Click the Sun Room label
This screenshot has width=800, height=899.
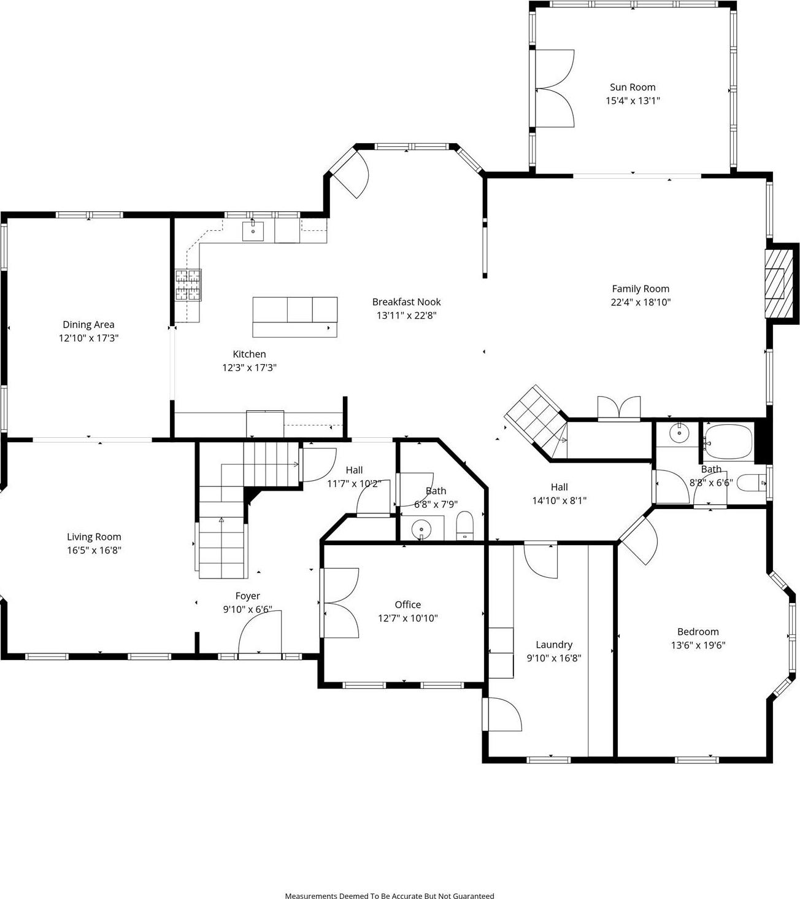pyautogui.click(x=633, y=87)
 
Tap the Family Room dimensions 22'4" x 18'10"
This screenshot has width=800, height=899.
pyautogui.click(x=640, y=302)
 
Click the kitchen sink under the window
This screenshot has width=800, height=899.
pyautogui.click(x=253, y=232)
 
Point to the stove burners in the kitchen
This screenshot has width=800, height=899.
pyautogui.click(x=188, y=286)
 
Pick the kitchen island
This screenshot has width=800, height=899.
pyautogui.click(x=295, y=316)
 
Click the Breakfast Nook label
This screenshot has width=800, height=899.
pyautogui.click(x=406, y=302)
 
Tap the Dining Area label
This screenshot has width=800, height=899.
pyautogui.click(x=88, y=324)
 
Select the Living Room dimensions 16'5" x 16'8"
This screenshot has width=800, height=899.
pyautogui.click(x=94, y=550)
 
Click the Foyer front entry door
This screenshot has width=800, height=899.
pyautogui.click(x=260, y=636)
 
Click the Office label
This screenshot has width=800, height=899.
pyautogui.click(x=407, y=605)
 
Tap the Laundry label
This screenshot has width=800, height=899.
pyautogui.click(x=554, y=645)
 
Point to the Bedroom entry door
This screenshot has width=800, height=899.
pyautogui.click(x=639, y=538)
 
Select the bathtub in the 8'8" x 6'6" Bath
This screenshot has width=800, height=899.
pyautogui.click(x=728, y=442)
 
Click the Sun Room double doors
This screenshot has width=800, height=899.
pyautogui.click(x=554, y=89)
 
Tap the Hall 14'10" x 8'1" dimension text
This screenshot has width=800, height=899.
pyautogui.click(x=559, y=500)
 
